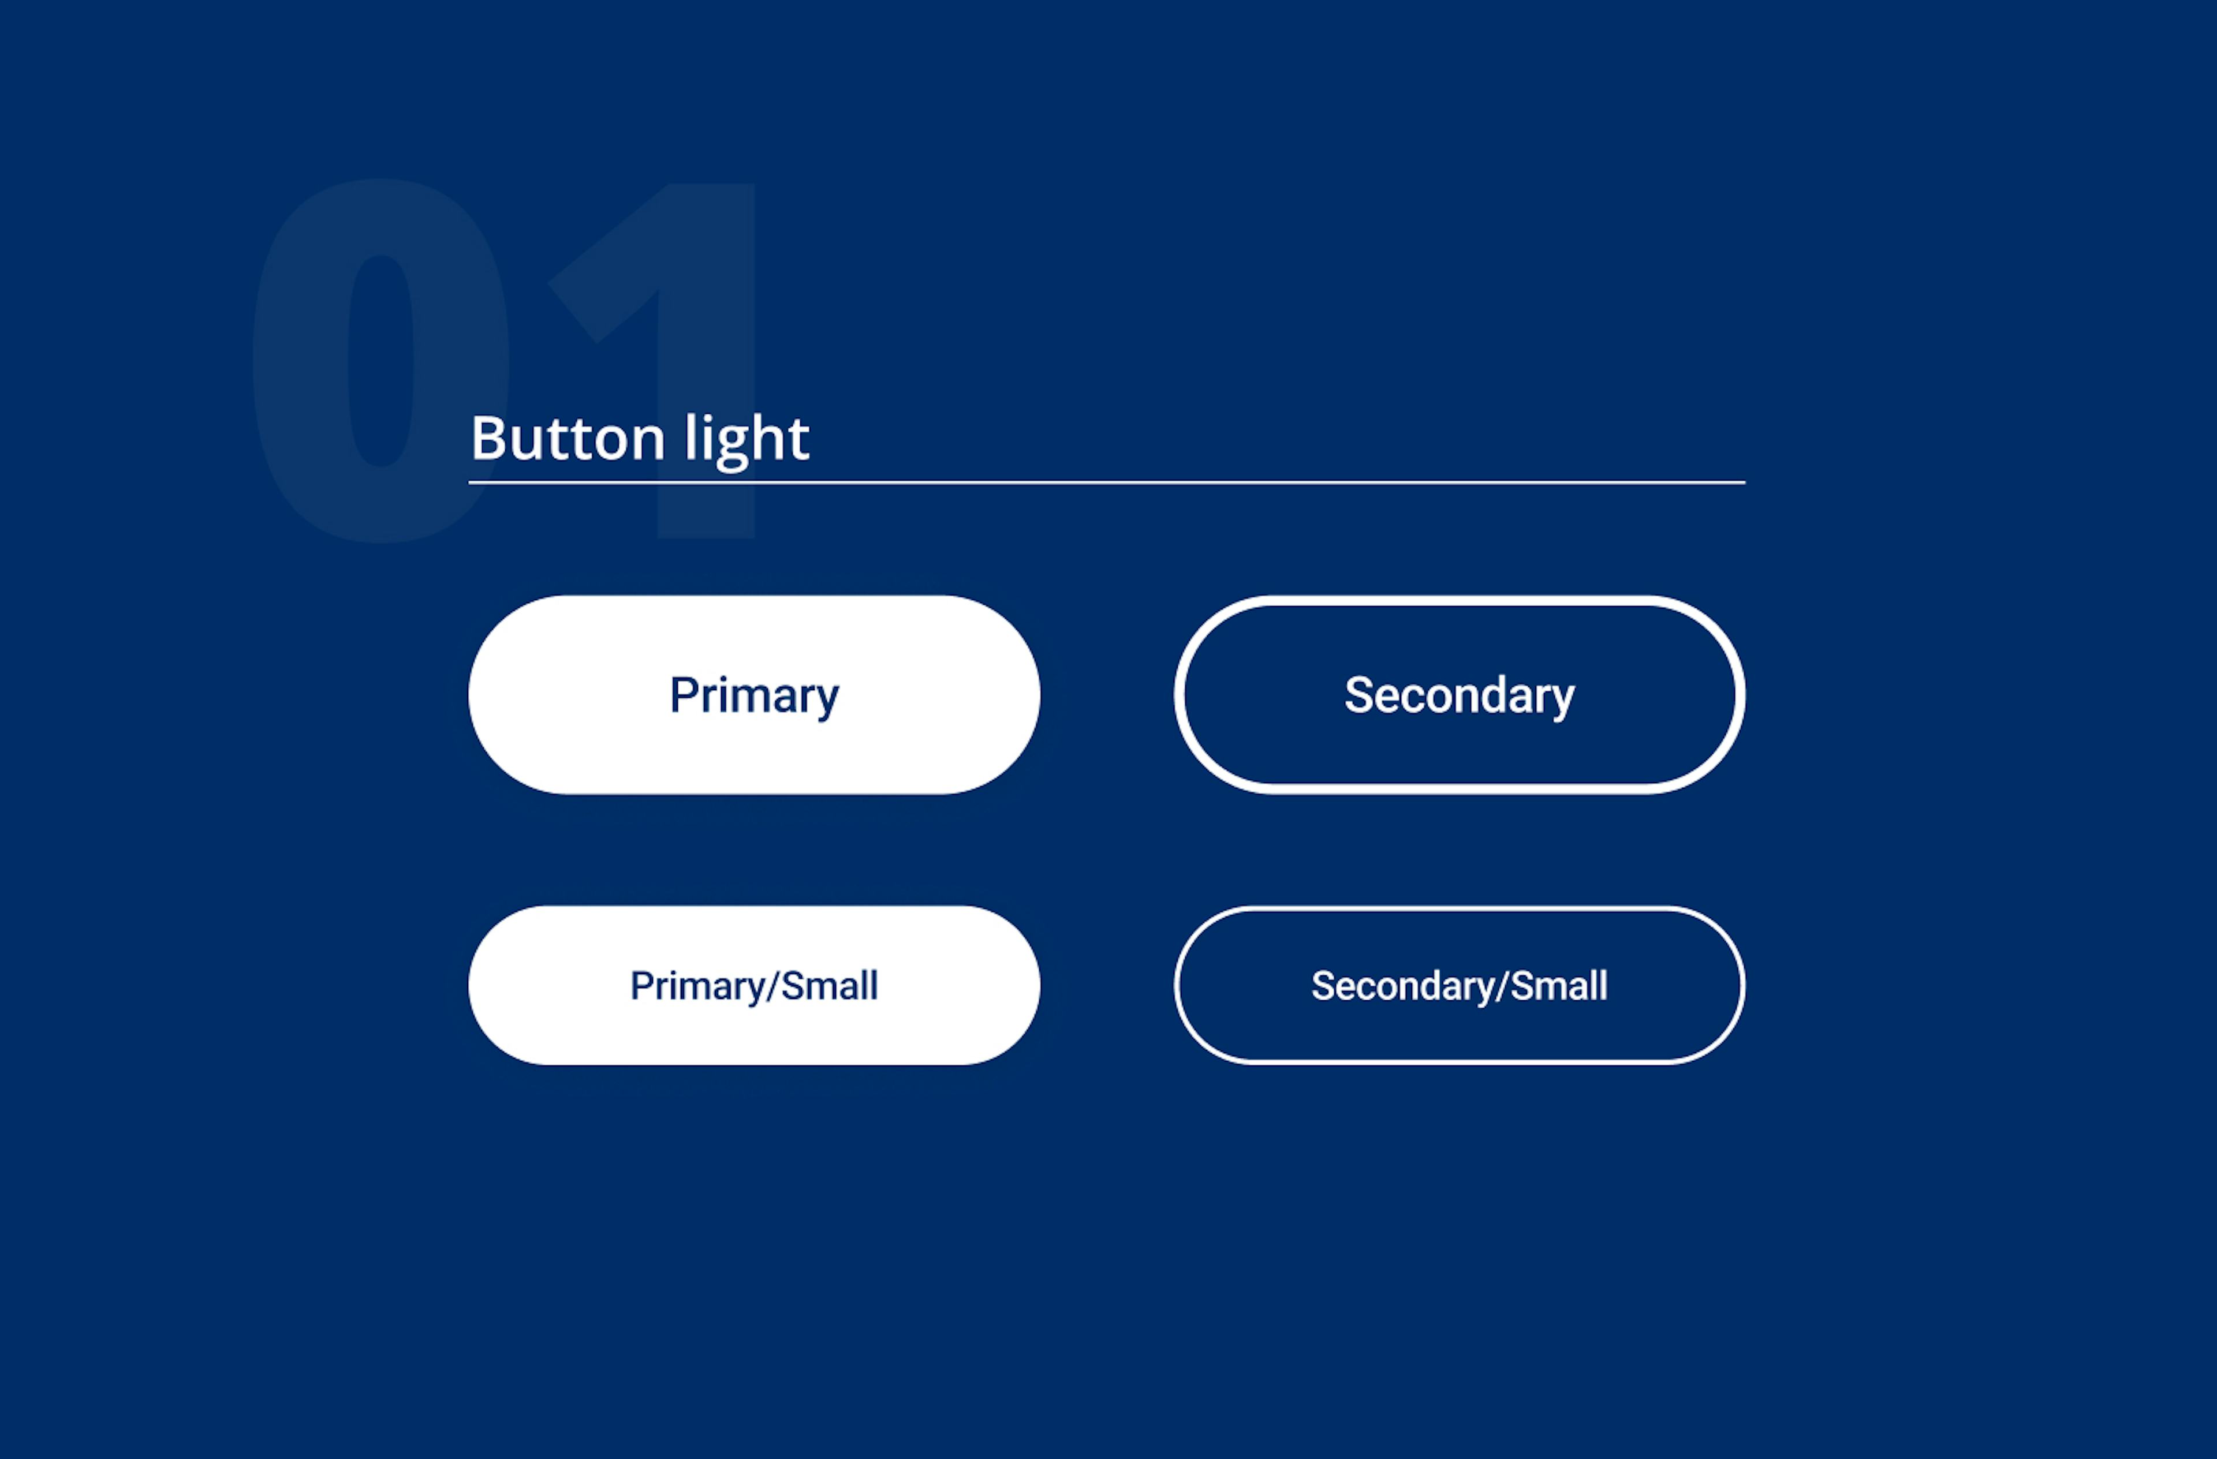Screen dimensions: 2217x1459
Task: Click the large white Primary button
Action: tap(753, 695)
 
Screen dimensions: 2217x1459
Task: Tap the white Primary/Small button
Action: tap(753, 985)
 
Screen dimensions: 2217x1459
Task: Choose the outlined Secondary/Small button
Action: tap(1459, 909)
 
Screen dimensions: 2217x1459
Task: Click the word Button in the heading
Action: tap(568, 437)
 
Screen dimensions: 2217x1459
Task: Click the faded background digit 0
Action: tap(381, 360)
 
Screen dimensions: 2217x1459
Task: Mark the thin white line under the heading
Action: tap(1107, 482)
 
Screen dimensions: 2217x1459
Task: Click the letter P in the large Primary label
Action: tap(683, 695)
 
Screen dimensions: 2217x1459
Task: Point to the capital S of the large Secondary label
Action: tap(1359, 695)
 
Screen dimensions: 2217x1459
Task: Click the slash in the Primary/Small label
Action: tap(772, 986)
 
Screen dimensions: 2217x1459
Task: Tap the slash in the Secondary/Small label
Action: tap(1502, 986)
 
